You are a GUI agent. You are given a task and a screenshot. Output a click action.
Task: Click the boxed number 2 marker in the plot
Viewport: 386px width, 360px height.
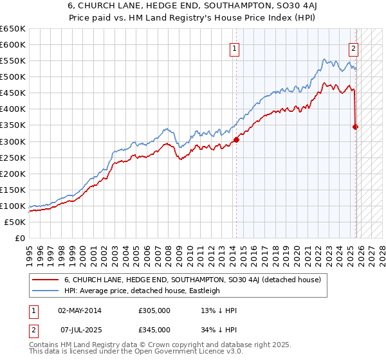(354, 48)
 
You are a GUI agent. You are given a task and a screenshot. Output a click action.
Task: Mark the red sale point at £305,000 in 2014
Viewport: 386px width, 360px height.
(236, 139)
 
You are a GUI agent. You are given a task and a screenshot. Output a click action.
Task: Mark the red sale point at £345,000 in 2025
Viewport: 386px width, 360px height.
(356, 127)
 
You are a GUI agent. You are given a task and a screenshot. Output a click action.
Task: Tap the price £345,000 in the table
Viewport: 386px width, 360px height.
(154, 329)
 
